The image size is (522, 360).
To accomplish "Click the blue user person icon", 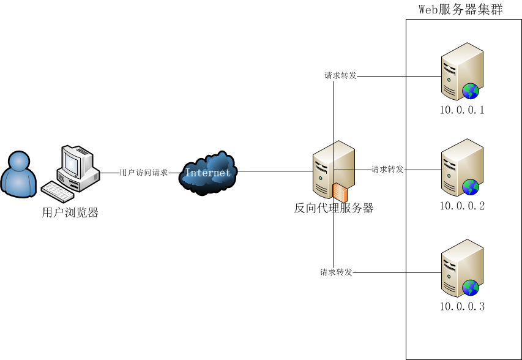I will click(x=18, y=175).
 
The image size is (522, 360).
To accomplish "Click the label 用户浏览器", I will click(x=70, y=213).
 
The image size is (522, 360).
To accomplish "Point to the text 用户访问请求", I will click(x=143, y=173).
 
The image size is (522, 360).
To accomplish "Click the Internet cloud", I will click(x=208, y=172).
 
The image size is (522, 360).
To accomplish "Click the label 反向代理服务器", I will click(x=334, y=208).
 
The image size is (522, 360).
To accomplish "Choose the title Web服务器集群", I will click(x=460, y=9).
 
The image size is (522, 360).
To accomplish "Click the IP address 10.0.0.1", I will click(x=462, y=111).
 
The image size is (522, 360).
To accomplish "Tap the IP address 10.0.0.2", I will click(x=462, y=206).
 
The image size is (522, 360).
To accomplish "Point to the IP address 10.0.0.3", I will click(x=462, y=306).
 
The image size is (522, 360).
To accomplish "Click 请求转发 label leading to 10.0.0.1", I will click(x=340, y=77).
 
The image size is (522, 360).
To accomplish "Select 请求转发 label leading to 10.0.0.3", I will click(x=336, y=272).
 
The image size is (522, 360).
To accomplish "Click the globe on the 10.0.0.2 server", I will click(x=470, y=187).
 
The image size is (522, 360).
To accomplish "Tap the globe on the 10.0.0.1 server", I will click(x=470, y=91).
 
